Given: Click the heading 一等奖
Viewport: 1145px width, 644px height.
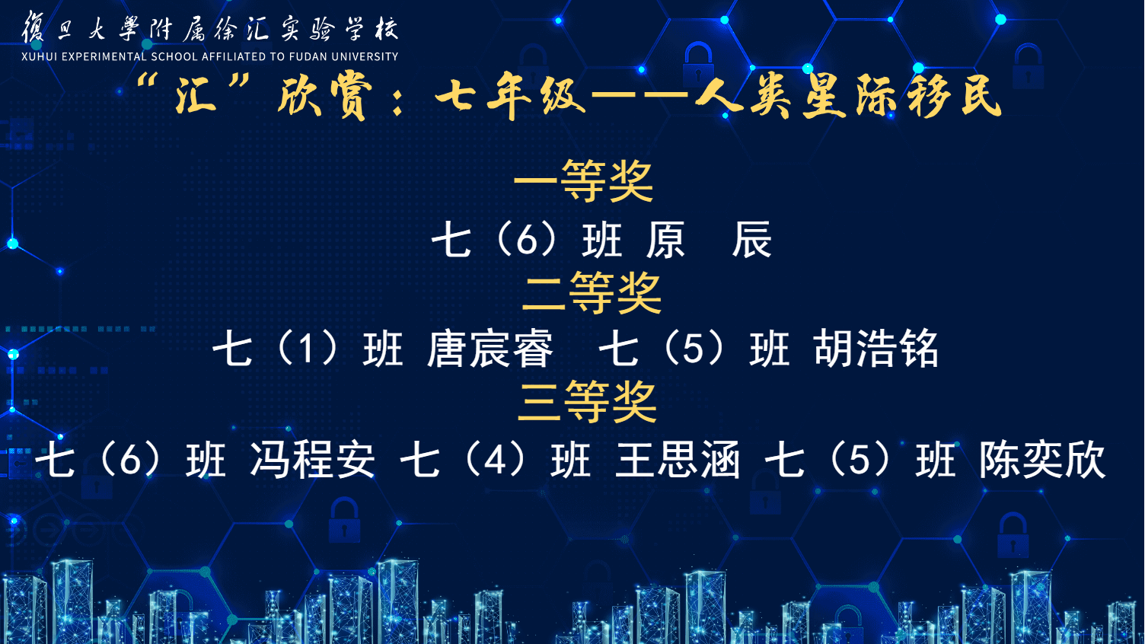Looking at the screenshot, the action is [x=583, y=181].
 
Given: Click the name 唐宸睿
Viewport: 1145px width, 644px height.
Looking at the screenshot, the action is [x=490, y=349].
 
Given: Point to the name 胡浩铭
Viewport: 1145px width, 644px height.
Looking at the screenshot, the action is [x=875, y=349].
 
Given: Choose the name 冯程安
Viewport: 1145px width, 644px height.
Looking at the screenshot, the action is [x=312, y=460].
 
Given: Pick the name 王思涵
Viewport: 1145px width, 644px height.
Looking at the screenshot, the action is [x=678, y=460].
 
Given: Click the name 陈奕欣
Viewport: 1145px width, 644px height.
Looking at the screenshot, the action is [x=1042, y=460].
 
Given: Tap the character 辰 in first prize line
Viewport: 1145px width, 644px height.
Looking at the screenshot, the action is [x=751, y=239].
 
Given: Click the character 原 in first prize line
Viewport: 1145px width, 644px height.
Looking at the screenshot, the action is [x=665, y=239].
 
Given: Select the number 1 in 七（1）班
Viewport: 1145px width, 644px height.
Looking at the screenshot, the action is [x=306, y=349].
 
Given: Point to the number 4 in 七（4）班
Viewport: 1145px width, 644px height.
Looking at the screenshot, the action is [x=495, y=461].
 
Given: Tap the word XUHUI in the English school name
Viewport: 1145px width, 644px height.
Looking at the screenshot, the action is [x=39, y=57].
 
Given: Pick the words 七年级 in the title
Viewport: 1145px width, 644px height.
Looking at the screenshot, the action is [x=511, y=95].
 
